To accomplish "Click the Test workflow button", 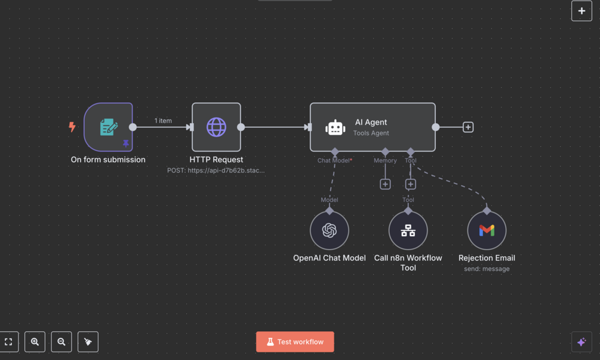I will point(295,342).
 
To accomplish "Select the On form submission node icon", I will point(108,127).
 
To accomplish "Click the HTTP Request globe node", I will point(216,127).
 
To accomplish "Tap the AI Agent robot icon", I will point(336,127).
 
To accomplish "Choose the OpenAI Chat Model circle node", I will point(330,230).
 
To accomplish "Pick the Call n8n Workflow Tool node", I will point(408,230).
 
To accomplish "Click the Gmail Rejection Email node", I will point(487,230).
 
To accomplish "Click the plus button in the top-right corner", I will point(581,11).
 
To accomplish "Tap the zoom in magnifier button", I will point(35,342).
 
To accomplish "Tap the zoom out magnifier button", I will point(61,342).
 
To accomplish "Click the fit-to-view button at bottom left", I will point(9,342).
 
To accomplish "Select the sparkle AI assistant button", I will point(581,342).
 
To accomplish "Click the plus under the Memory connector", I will point(385,184).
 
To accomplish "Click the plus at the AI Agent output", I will point(468,127).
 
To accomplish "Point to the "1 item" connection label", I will point(163,121).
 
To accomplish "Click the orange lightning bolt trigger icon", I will point(72,127).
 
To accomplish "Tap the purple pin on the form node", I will point(125,143).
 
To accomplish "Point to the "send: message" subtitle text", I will point(487,269).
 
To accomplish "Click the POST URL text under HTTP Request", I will point(216,170).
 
